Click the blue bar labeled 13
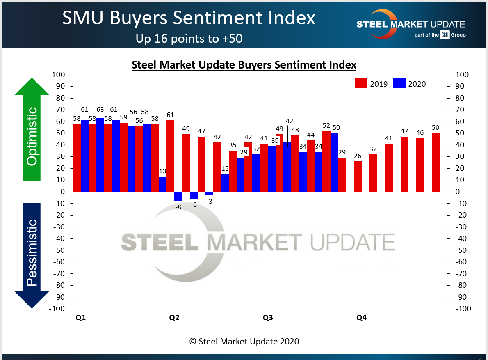[163, 184]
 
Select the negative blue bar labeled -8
[178, 196]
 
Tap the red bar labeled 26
[358, 177]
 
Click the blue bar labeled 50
[334, 163]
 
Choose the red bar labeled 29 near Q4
[342, 174]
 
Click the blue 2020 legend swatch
[399, 83]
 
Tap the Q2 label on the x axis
[174, 318]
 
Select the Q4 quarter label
[361, 318]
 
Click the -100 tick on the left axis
[57, 309]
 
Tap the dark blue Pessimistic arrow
[32, 255]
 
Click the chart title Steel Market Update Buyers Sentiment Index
[244, 65]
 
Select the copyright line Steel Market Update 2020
[244, 341]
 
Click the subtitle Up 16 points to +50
[189, 39]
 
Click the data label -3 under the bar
[210, 201]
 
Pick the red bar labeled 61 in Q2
[170, 156]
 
